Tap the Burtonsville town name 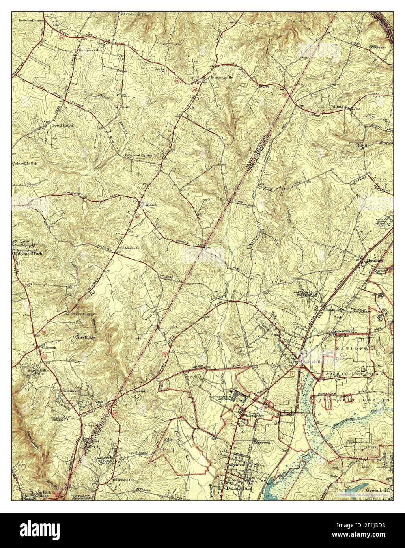pyautogui.click(x=224, y=78)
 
